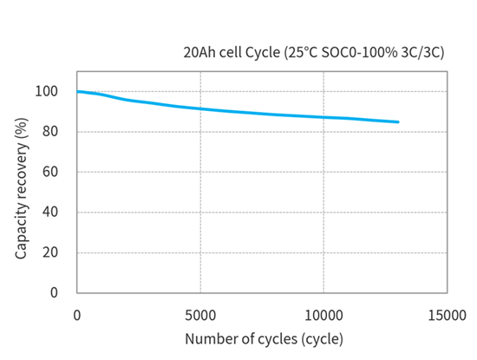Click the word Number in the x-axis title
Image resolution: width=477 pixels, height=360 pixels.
209,338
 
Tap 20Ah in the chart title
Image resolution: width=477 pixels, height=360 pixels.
199,53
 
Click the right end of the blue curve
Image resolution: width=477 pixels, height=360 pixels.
398,122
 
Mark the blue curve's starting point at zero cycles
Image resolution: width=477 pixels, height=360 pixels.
78,91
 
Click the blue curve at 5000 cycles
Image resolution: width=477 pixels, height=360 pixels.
200,108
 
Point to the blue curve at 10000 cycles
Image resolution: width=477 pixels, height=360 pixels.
324,117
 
